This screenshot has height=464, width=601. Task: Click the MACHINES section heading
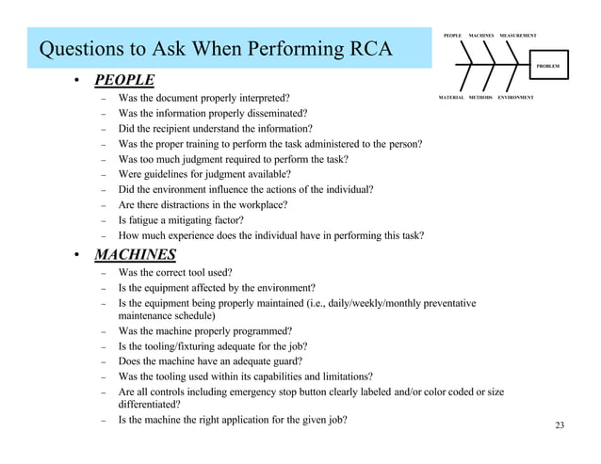[x=134, y=253]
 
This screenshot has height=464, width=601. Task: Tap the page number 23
[x=560, y=428]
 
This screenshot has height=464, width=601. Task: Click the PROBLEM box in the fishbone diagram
[x=548, y=67]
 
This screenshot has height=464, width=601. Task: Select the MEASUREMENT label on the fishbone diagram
[x=519, y=35]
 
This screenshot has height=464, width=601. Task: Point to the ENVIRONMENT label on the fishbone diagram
[x=516, y=97]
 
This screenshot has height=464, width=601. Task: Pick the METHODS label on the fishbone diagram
[x=481, y=97]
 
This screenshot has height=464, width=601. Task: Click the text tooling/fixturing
[x=168, y=345]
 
